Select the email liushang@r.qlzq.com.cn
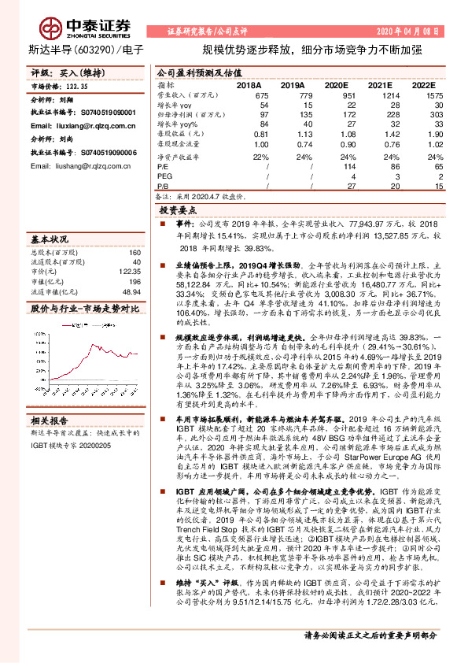(76, 166)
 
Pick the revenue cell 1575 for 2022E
(424, 94)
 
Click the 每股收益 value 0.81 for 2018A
(261, 135)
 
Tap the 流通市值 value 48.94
(132, 290)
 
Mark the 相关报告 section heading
(49, 420)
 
